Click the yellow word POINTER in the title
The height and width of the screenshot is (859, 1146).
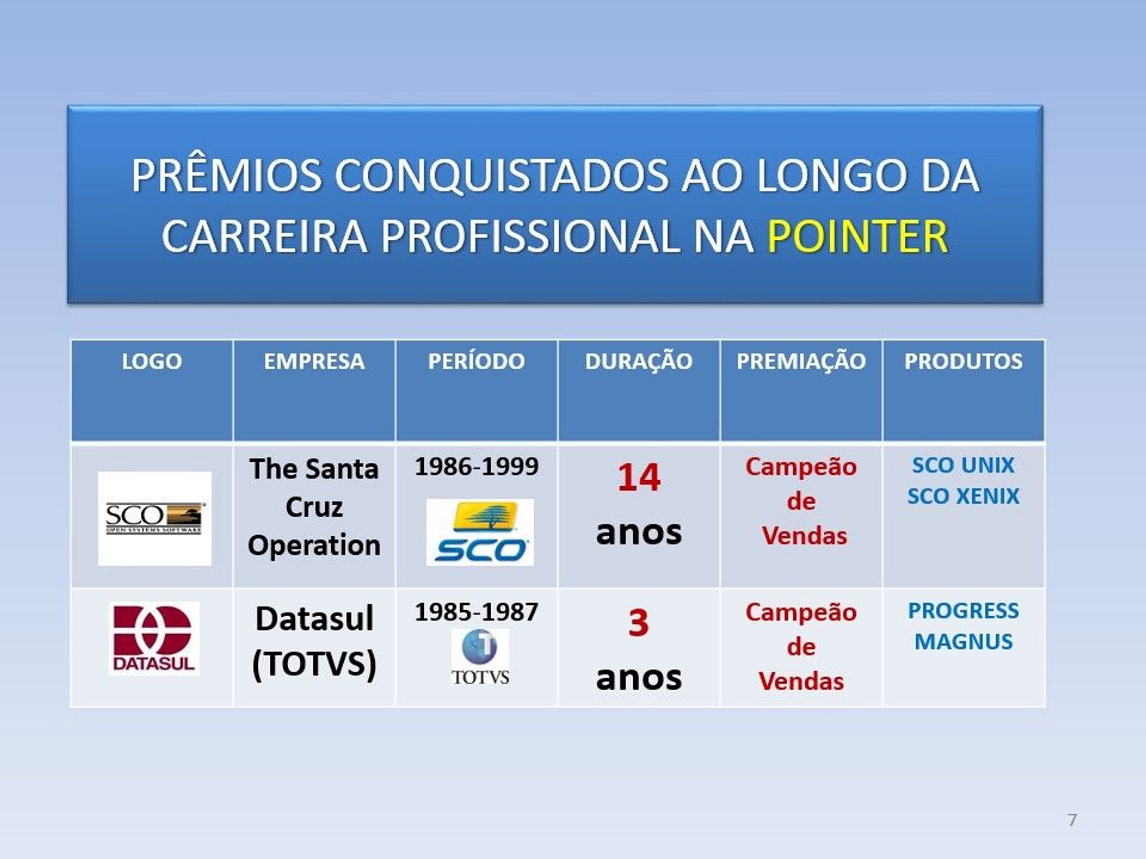(857, 236)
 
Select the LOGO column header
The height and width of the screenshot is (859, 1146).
(152, 361)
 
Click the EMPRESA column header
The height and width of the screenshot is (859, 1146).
(314, 361)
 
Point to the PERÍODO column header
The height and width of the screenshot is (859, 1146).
(476, 361)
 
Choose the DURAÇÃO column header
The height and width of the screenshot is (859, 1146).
(639, 361)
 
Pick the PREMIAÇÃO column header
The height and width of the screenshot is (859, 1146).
(801, 361)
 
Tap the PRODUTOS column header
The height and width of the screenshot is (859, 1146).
(963, 361)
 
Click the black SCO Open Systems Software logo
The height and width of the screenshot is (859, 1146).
(155, 518)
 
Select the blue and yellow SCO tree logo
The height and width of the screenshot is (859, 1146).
(480, 532)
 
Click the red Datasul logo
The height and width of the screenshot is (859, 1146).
(154, 637)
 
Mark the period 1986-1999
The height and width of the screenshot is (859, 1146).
(476, 466)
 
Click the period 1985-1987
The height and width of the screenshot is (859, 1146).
(476, 612)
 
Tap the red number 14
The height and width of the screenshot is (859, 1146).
(639, 477)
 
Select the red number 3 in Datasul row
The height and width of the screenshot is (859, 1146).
(639, 623)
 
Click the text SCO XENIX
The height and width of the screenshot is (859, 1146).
(963, 496)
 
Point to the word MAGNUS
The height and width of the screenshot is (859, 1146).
(963, 642)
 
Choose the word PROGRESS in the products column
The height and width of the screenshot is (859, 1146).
(963, 611)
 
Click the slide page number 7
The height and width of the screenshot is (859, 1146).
(1073, 820)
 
